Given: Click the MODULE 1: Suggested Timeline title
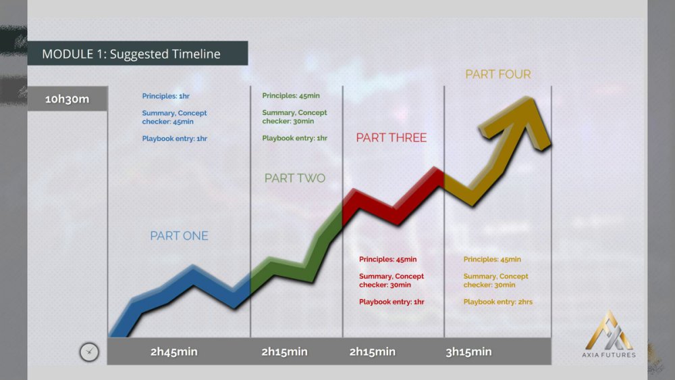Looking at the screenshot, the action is [x=131, y=54].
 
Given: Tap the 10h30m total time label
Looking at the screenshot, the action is [x=67, y=99].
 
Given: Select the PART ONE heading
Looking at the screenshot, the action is [x=179, y=236].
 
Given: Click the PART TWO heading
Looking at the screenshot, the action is [x=295, y=178].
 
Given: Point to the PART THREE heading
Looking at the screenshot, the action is [x=391, y=137].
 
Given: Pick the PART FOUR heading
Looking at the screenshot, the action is [x=498, y=74].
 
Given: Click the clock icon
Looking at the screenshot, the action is [x=89, y=352].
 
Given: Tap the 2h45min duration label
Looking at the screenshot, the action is [x=174, y=352].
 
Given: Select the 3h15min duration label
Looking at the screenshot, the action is [x=468, y=352].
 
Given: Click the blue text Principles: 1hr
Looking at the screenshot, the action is [x=166, y=96].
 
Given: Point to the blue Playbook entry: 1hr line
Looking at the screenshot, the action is [x=174, y=139].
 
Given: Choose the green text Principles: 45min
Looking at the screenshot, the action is [x=291, y=96].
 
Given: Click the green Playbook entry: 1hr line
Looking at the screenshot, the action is [x=294, y=139].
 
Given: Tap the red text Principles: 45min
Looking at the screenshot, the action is [x=388, y=260].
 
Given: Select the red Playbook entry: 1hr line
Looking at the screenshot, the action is [x=391, y=302].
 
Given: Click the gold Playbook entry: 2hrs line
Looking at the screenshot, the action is [x=498, y=302].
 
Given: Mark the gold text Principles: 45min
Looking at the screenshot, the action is [x=492, y=260].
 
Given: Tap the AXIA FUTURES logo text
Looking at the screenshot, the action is [x=609, y=355].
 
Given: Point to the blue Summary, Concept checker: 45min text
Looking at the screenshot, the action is [x=174, y=118].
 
